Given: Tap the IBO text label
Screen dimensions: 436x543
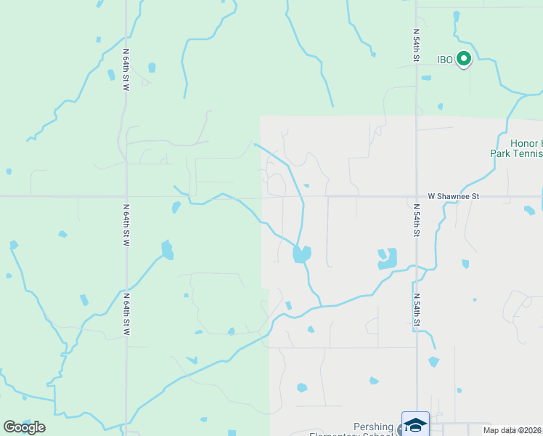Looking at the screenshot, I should pos(446,60).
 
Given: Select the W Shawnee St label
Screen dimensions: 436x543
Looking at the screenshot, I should pos(454,196).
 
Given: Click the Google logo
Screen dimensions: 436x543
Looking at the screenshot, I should pos(25,427).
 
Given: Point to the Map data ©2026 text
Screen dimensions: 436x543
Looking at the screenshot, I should pos(512,430).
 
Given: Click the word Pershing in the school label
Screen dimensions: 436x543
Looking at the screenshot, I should pos(373,427).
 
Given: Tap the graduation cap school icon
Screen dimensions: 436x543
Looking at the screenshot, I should pos(416,424).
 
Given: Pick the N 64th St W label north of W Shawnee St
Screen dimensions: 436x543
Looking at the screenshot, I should pos(126,70).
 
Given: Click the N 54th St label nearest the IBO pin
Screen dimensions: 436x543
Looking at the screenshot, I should pos(417,46).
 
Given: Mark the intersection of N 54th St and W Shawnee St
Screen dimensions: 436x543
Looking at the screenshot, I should pos(417,196).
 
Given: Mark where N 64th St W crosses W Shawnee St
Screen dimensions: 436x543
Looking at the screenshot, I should pos(126,196).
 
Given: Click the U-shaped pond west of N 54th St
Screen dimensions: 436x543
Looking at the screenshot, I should pos(388,259).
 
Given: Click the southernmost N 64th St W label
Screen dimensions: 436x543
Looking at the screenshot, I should pos(126,314).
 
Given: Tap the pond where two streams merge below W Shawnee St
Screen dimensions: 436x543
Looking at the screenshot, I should pos(301,254).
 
